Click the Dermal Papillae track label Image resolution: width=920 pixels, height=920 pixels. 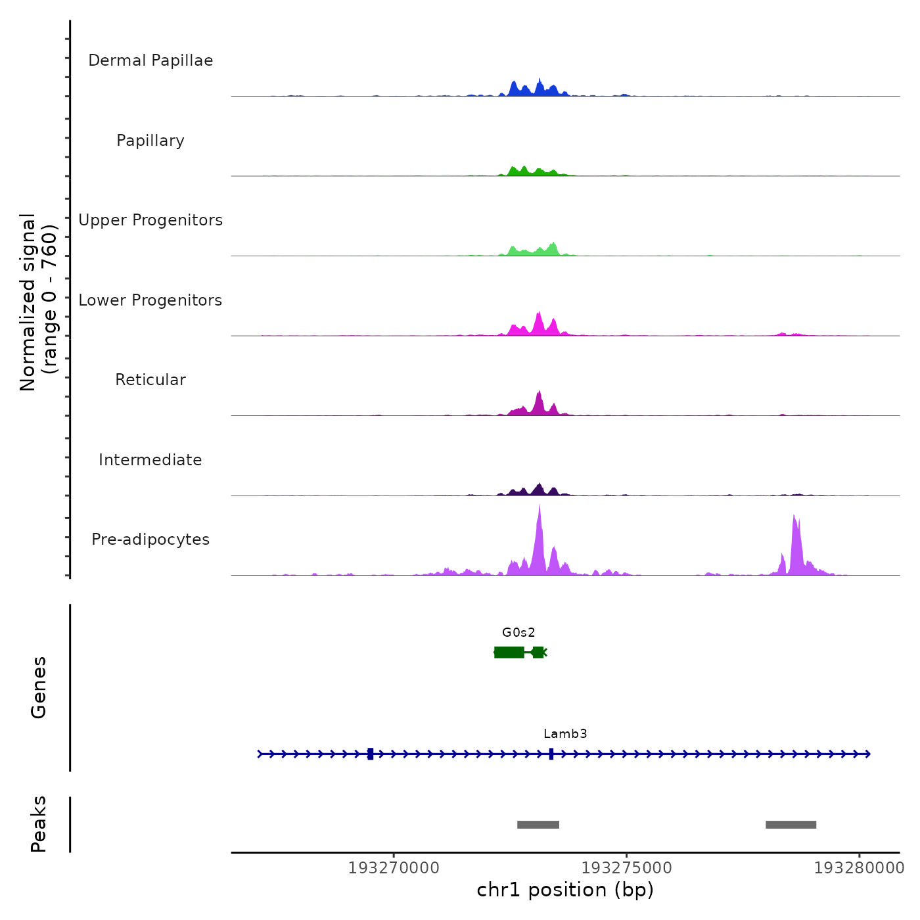pyautogui.click(x=150, y=60)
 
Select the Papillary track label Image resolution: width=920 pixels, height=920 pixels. pyautogui.click(x=150, y=141)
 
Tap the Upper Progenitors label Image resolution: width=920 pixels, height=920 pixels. pyautogui.click(x=150, y=220)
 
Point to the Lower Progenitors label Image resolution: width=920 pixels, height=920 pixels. pyautogui.click(x=150, y=300)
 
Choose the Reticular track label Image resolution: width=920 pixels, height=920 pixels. pyautogui.click(x=150, y=380)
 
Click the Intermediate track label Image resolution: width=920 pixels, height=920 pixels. pyautogui.click(x=150, y=460)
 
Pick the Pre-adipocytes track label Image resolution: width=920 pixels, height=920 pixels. pyautogui.click(x=150, y=540)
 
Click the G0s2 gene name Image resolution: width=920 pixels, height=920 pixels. pyautogui.click(x=518, y=633)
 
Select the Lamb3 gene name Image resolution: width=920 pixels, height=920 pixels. pyautogui.click(x=565, y=734)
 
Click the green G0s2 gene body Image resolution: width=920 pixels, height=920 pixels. pyautogui.click(x=510, y=652)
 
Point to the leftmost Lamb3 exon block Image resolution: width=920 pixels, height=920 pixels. pyautogui.click(x=370, y=754)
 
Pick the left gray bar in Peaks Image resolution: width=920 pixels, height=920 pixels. pyautogui.click(x=538, y=825)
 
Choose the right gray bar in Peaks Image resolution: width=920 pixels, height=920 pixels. pyautogui.click(x=791, y=825)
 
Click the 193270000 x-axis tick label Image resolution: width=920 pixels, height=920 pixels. pyautogui.click(x=394, y=868)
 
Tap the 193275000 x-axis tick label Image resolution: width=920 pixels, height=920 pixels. pyautogui.click(x=627, y=868)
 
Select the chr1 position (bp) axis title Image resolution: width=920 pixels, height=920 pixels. pyautogui.click(x=565, y=890)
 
